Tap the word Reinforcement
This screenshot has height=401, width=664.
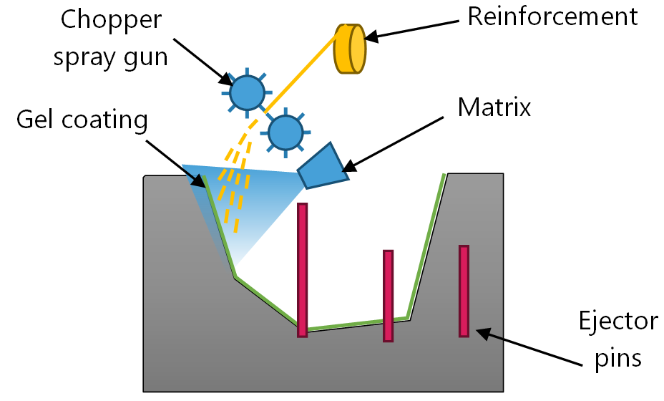[552, 16]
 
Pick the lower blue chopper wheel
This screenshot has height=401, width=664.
[285, 132]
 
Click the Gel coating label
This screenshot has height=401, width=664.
[82, 120]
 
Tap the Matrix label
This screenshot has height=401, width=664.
[494, 107]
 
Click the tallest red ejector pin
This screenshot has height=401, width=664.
[302, 269]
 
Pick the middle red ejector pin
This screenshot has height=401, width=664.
[388, 295]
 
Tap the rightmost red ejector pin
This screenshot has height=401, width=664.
[464, 291]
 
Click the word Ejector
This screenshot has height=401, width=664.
[617, 320]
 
